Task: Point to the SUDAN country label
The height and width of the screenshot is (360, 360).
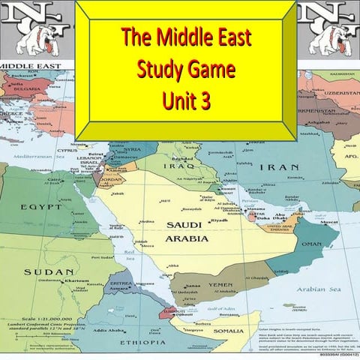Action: pos(38,271)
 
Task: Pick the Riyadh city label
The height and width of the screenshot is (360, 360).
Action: pos(219,220)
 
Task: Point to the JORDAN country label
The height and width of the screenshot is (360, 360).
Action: pos(109,181)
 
